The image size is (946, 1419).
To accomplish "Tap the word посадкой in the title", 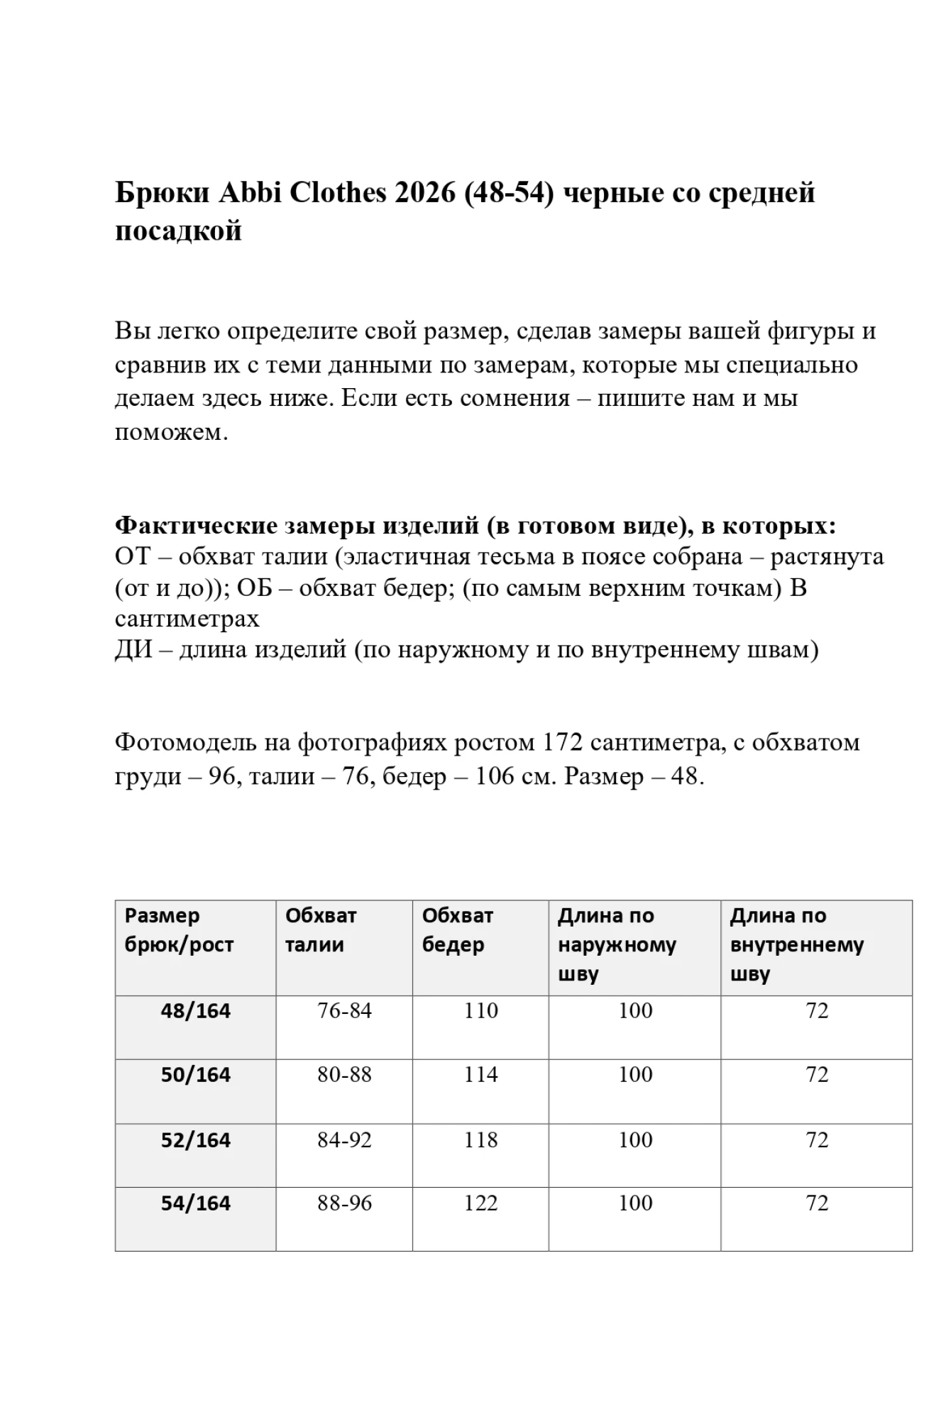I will (x=178, y=231).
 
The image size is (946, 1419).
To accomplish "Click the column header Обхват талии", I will (x=320, y=930).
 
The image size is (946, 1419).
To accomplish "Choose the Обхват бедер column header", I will (x=457, y=930).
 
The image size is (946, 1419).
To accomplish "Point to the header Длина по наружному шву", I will (x=617, y=944).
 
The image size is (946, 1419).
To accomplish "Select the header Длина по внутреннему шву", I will (x=796, y=944).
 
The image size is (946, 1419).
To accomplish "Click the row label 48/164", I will (x=196, y=1011).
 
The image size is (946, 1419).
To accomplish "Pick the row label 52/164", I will (x=196, y=1140).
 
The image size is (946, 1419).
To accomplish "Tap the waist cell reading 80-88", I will (x=344, y=1075).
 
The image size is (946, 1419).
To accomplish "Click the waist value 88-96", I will (x=344, y=1203).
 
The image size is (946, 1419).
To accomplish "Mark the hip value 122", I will (x=480, y=1203).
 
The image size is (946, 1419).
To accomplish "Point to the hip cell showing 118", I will (x=480, y=1140).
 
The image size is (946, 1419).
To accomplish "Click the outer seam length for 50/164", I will (x=635, y=1075).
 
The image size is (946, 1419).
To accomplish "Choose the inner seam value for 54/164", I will (x=817, y=1203).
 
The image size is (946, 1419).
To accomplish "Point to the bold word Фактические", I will (x=196, y=526).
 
